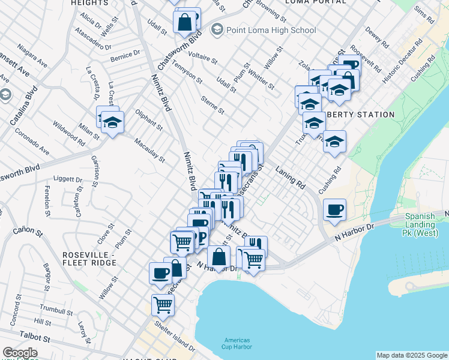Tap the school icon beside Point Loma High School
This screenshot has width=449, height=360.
tap(217, 29)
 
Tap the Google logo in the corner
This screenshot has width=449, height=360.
tap(20, 353)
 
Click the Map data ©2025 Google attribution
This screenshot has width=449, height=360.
tap(412, 355)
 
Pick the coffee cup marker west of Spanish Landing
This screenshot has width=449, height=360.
tap(334, 209)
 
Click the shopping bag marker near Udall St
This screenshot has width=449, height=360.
tap(184, 22)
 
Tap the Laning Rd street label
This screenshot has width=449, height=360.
tap(291, 178)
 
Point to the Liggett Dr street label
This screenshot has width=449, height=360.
tap(68, 179)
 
